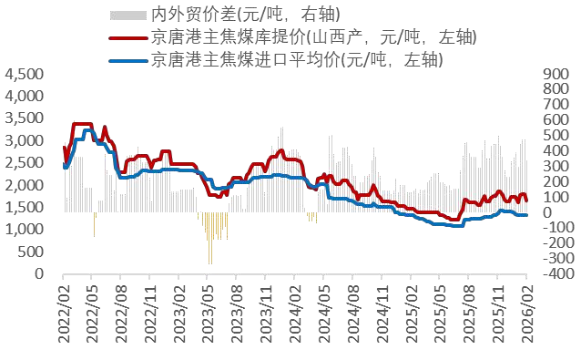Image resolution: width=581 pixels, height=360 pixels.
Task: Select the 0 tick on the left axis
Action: coord(38,273)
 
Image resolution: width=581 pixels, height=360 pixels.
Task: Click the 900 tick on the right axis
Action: coord(553,75)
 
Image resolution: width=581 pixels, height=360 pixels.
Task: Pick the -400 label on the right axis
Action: coord(552,273)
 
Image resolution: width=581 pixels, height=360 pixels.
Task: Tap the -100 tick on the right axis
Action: coord(552,228)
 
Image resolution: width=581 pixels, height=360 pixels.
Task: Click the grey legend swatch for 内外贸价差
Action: coord(127,15)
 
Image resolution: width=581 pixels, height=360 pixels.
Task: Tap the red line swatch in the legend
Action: coord(127,37)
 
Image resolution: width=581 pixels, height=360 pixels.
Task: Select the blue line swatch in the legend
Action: coord(127,60)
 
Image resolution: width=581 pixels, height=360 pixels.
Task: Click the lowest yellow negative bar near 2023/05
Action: coord(210,262)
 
